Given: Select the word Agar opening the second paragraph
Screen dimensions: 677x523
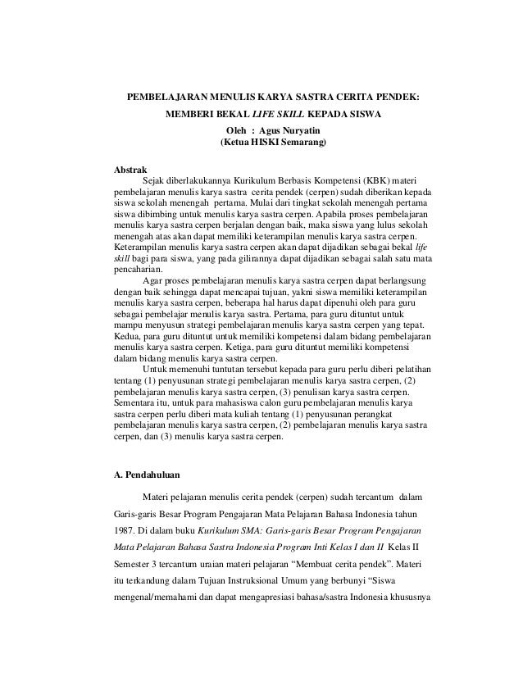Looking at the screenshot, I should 152,281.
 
